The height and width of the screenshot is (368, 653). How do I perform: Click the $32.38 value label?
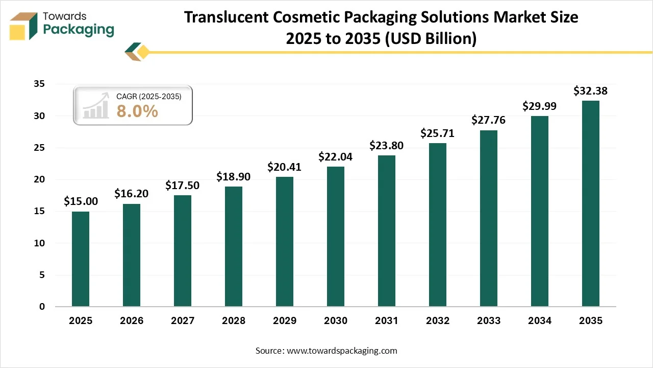point(590,91)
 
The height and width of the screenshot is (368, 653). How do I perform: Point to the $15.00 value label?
point(81,202)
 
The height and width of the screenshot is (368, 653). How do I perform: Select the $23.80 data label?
point(386,146)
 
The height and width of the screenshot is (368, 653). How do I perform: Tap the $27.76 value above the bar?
point(488,121)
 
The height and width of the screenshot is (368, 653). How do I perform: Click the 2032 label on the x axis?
point(438,321)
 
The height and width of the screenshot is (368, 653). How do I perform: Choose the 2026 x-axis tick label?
point(132,321)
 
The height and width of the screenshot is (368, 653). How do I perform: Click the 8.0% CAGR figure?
point(137,111)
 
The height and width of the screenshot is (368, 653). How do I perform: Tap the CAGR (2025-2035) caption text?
point(148,96)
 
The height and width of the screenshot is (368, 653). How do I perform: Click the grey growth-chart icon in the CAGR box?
point(96,106)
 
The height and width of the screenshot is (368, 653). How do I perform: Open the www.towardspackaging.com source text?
point(341,351)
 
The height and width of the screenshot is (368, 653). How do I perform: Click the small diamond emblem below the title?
point(137,52)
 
